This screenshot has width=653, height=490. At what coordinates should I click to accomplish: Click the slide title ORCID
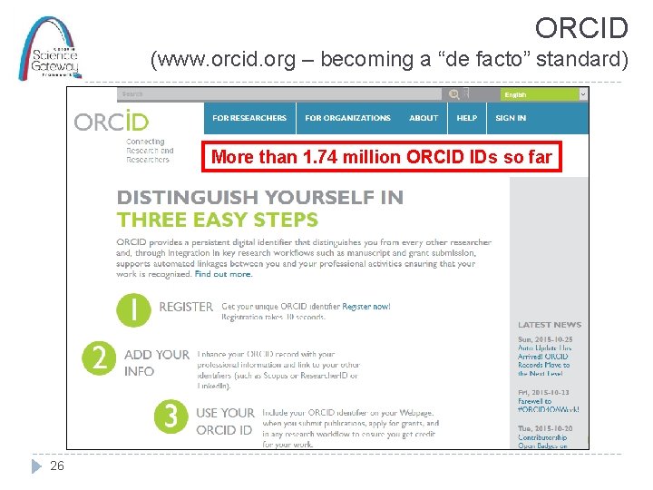pos(581,27)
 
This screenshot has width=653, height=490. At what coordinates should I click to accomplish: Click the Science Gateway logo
pos(51,48)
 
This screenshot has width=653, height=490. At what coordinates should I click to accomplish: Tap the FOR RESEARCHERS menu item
pos(249,118)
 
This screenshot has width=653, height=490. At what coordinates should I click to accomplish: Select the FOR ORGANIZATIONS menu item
pos(347,118)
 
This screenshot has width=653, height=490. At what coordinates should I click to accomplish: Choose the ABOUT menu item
pos(424,118)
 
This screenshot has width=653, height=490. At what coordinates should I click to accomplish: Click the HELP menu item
pos(467,118)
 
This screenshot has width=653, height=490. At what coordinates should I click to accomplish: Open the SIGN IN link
pos(511,118)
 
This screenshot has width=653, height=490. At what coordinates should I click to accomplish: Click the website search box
pos(281,93)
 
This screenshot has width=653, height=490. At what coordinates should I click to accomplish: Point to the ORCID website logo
pos(112,121)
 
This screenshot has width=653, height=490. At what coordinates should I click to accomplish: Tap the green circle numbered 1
pos(134,310)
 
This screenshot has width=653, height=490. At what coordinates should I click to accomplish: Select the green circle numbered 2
pos(99,358)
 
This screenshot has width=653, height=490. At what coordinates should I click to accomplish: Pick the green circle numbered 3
pos(171,416)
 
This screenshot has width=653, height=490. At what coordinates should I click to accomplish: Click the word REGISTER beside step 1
pos(186,307)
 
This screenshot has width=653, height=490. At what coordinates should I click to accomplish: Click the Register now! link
pos(366,307)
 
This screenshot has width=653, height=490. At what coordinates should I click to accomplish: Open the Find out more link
pos(223,274)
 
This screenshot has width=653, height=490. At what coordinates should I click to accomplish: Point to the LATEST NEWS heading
pos(550,325)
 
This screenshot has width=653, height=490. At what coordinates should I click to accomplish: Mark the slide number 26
pos(57,465)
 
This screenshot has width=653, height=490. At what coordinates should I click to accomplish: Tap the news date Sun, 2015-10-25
pos(544,339)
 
